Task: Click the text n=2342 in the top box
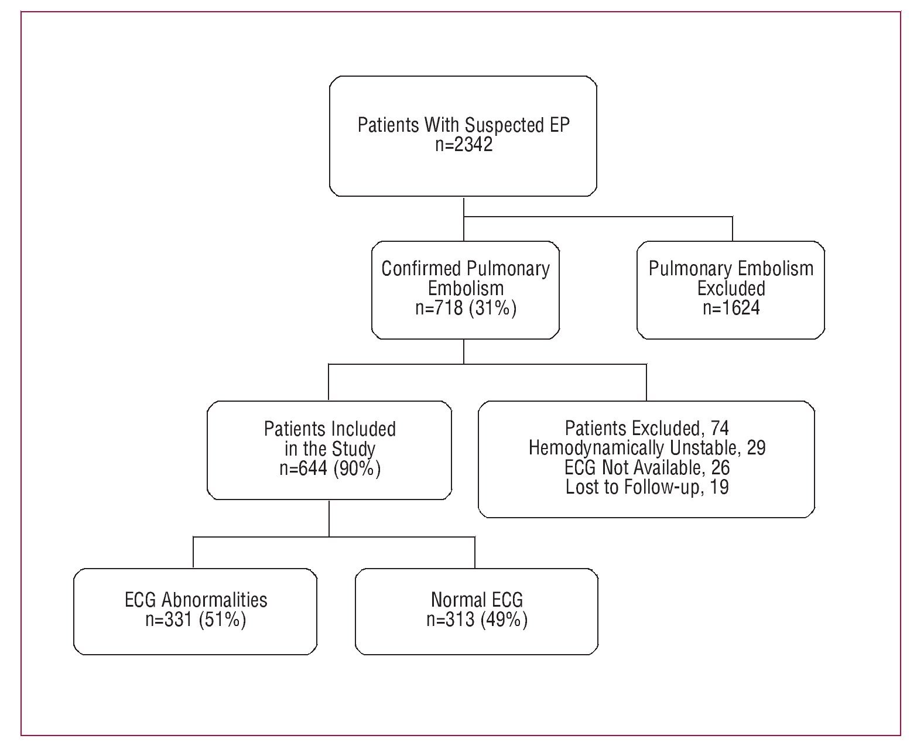463,145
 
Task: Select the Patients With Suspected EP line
463,125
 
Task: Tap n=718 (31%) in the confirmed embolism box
466,307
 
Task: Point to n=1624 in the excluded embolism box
731,307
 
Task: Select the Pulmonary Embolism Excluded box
731,289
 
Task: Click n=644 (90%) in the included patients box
330,468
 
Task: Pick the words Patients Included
330,429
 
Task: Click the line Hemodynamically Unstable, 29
646,448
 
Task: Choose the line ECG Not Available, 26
646,467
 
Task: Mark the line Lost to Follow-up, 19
646,487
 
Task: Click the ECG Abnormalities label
196,600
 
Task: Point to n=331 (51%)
196,620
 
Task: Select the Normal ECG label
477,600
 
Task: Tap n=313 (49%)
477,620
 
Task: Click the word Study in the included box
353,449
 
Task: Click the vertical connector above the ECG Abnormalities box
194,552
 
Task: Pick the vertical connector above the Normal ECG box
474,552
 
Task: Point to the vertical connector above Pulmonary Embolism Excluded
732,229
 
